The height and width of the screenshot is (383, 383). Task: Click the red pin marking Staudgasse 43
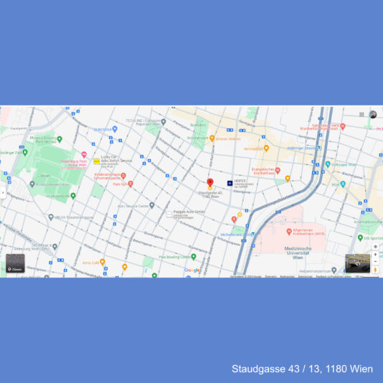[210, 183]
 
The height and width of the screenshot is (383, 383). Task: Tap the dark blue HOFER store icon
[230, 183]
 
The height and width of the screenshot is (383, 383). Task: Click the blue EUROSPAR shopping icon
[115, 130]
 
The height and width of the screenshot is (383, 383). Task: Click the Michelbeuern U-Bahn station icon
[251, 235]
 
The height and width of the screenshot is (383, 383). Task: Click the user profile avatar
[373, 115]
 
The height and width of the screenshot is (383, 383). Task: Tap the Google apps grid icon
[361, 114]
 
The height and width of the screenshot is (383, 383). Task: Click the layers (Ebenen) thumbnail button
[15, 264]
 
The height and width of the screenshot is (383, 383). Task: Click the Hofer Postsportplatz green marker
[72, 194]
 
